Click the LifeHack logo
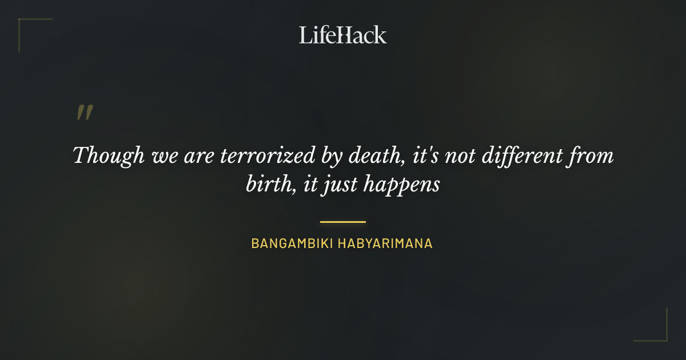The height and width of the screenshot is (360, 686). coord(342,35)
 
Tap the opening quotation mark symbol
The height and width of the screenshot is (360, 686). coord(84,113)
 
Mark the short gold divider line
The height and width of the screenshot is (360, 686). coord(342,222)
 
